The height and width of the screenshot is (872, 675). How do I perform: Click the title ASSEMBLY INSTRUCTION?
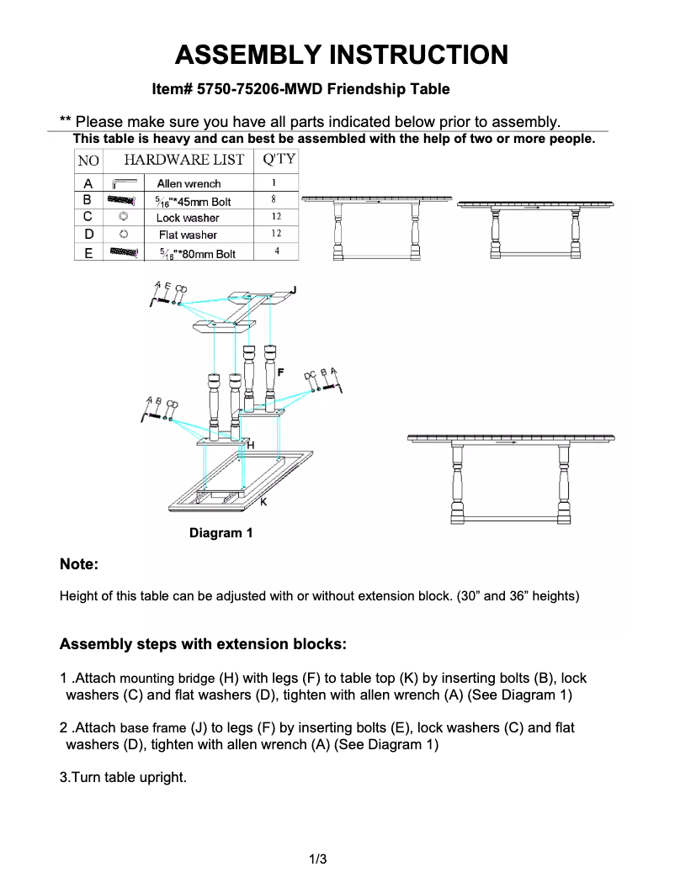[341, 55]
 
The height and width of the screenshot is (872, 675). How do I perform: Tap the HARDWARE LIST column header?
[184, 160]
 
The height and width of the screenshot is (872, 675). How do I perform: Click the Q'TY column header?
[279, 159]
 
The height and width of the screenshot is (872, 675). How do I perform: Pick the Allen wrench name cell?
[189, 183]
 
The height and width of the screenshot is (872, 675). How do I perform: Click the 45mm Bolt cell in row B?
[194, 202]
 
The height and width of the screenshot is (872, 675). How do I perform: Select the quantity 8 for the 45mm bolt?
[274, 200]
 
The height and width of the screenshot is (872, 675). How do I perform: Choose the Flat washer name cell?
[188, 235]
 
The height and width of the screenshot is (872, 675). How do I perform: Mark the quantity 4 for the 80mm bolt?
[276, 251]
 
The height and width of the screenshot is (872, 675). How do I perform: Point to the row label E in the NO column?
[88, 253]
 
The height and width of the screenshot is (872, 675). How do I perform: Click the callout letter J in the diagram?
[293, 290]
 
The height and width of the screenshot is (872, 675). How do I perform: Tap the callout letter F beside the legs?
[280, 371]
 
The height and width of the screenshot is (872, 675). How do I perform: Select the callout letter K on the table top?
[263, 502]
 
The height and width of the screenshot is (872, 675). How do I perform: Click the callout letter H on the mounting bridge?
[251, 443]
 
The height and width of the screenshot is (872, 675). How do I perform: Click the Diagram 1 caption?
[221, 533]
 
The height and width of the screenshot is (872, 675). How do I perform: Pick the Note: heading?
[79, 564]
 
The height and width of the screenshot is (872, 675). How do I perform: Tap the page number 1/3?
[317, 859]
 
